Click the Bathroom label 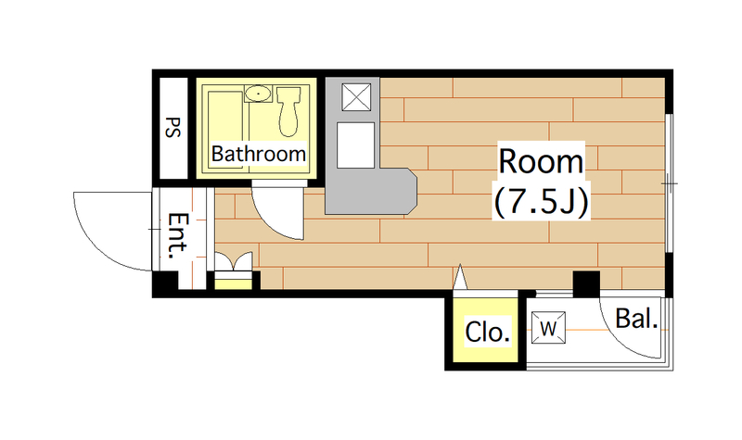(259, 154)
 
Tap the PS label (173, 128)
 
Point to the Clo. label (488, 332)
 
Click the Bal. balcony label (636, 319)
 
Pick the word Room (541, 161)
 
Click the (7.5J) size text (542, 202)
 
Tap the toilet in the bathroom (288, 111)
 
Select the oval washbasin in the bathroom (259, 94)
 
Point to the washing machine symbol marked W (548, 328)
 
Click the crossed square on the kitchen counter (356, 97)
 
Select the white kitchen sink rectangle (355, 145)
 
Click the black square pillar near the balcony (586, 284)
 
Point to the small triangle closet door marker (460, 277)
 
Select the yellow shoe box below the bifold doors (234, 284)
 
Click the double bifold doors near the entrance (234, 261)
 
